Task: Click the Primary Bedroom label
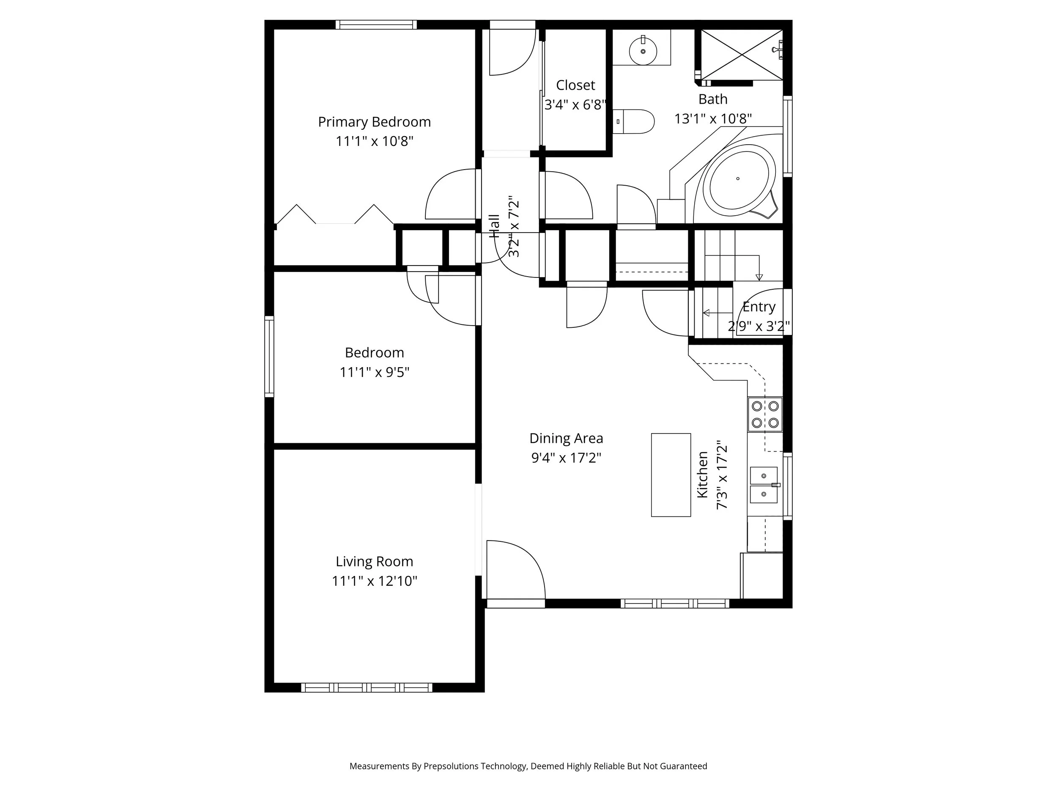[x=374, y=122]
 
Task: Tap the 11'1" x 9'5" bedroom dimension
[x=374, y=372]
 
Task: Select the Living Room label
[x=374, y=561]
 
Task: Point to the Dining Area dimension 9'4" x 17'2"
[x=566, y=458]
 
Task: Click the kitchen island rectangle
[x=671, y=475]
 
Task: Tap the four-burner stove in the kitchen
[x=764, y=414]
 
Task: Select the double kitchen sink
[x=764, y=485]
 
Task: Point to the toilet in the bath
[x=634, y=121]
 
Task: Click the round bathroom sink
[x=643, y=51]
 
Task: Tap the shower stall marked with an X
[x=742, y=54]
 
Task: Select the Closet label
[x=575, y=85]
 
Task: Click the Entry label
[x=759, y=306]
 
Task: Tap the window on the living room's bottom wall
[x=367, y=687]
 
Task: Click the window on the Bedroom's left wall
[x=269, y=357]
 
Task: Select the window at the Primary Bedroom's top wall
[x=375, y=25]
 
